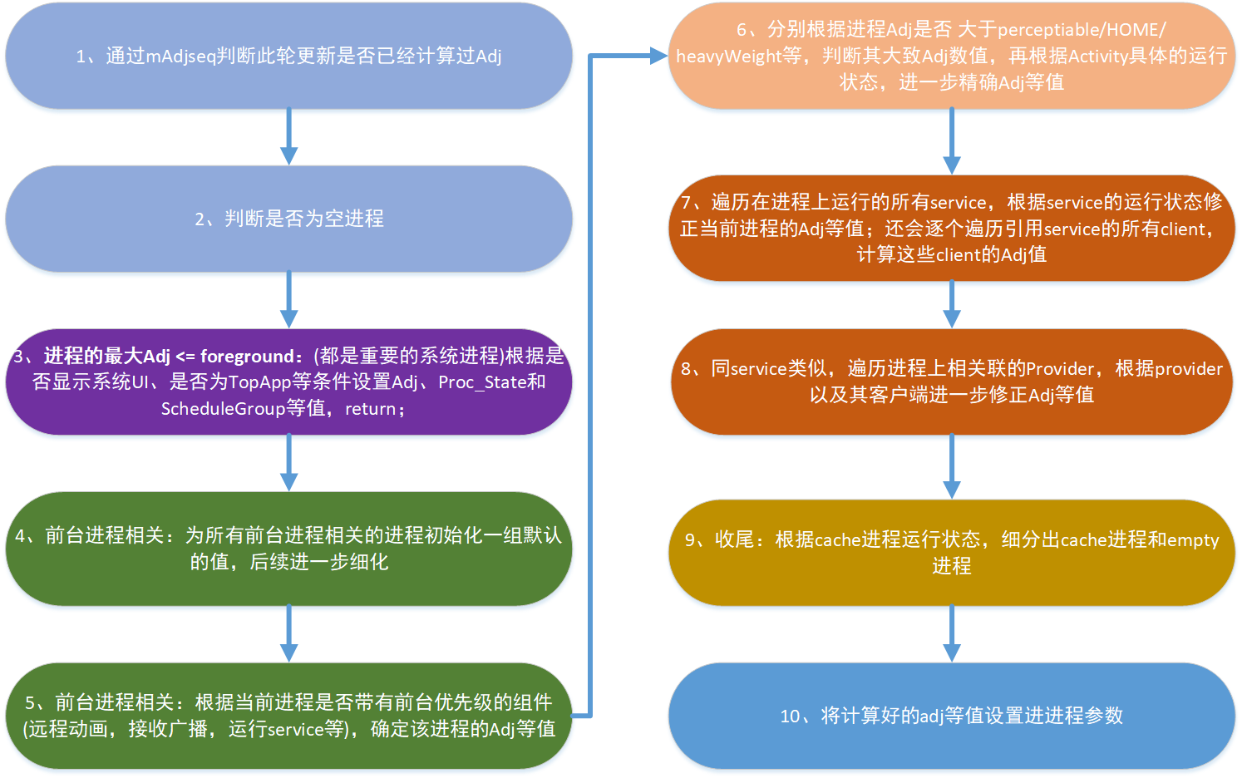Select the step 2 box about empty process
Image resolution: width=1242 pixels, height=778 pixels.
point(288,219)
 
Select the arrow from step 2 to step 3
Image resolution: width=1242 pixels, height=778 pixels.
point(288,300)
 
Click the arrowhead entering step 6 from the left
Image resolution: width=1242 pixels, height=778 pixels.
point(658,56)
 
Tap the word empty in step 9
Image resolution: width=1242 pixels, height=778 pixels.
point(1193,540)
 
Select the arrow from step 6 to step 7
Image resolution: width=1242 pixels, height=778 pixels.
point(952,141)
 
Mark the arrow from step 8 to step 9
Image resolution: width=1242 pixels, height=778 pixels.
point(952,466)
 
